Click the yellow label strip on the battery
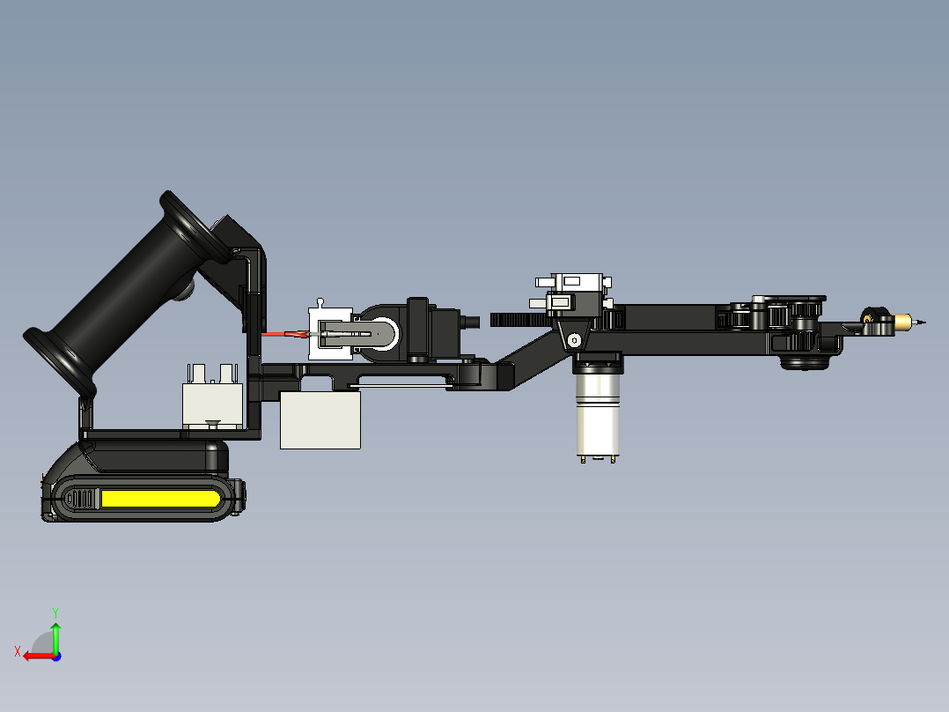(x=158, y=500)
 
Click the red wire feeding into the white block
(x=282, y=334)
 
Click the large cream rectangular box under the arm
(x=320, y=420)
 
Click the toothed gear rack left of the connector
(x=519, y=318)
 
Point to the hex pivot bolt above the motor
(x=575, y=339)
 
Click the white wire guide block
(x=330, y=333)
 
